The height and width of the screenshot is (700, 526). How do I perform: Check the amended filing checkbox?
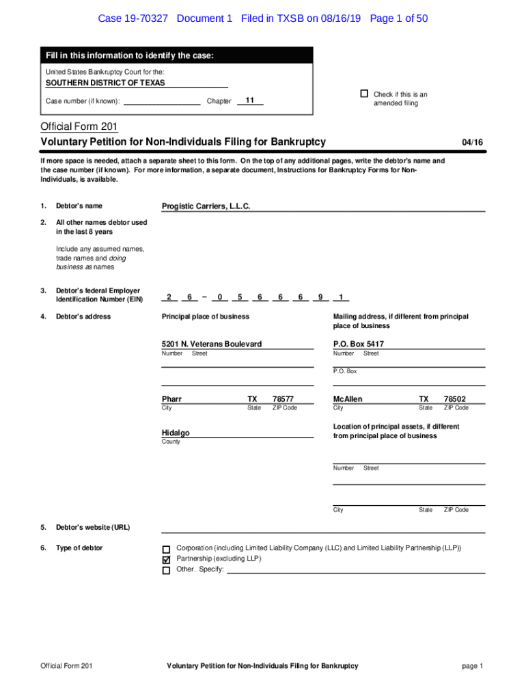point(364,94)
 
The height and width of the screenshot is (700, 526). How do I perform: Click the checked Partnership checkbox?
point(166,559)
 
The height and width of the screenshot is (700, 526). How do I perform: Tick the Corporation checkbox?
point(166,549)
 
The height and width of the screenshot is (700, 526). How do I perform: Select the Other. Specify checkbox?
point(166,570)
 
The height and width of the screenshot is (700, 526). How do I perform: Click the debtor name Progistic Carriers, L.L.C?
point(206,206)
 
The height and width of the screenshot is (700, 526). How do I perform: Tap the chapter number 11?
point(250,100)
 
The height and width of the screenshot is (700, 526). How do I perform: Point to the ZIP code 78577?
point(283,399)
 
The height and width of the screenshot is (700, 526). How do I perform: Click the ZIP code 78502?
point(454,399)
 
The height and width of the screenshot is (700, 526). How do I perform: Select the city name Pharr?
point(171,399)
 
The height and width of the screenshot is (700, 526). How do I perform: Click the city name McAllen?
point(348,399)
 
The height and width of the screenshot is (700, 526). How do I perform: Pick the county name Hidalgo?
point(176,433)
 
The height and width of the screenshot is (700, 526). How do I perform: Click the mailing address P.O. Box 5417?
point(359,345)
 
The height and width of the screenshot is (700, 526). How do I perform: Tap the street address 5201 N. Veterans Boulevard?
point(212,345)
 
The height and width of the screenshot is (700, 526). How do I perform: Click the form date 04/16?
point(472,142)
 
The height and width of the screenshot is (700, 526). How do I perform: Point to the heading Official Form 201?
point(79,126)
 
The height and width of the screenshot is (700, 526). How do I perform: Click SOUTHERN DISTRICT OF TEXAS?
point(105,83)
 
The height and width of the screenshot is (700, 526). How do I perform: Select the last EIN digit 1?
point(340,297)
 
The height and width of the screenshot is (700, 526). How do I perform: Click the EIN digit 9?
point(320,297)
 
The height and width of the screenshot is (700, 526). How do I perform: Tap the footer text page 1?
point(472,667)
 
